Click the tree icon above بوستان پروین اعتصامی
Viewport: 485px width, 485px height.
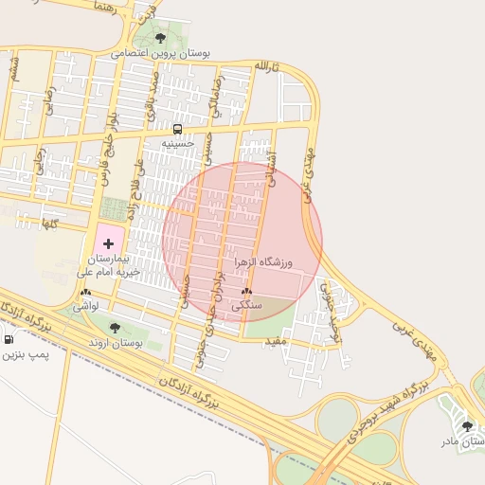[160, 39]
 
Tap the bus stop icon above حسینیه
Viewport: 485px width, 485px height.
[177, 129]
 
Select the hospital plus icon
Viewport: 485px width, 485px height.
[107, 243]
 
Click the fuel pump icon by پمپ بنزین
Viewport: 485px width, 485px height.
[9, 339]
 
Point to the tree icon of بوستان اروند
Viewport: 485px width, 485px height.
[115, 328]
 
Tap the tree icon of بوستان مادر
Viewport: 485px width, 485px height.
[467, 426]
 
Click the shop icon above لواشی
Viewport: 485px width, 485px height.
[86, 293]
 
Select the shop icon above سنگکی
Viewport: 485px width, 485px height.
[246, 292]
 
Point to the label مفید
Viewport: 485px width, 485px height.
[276, 340]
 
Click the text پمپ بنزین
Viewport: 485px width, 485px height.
[23, 354]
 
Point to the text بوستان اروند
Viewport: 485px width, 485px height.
[117, 344]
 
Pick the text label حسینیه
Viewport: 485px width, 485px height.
[177, 144]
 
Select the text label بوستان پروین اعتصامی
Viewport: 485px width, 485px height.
[161, 54]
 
